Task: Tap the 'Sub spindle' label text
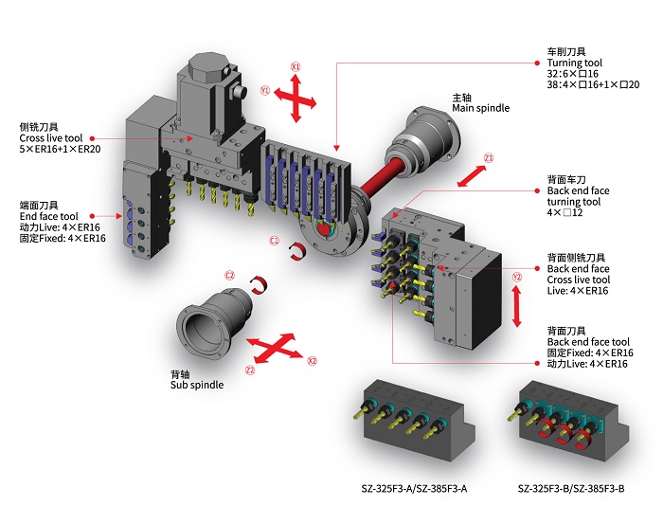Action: click(x=196, y=386)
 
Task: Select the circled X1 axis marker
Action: click(x=296, y=67)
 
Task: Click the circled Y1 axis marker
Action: click(x=266, y=91)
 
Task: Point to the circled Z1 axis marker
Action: click(x=489, y=157)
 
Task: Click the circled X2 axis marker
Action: click(x=313, y=360)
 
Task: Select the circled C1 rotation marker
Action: click(x=274, y=241)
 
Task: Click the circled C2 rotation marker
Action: click(x=229, y=275)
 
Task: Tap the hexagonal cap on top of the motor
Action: click(x=211, y=66)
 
